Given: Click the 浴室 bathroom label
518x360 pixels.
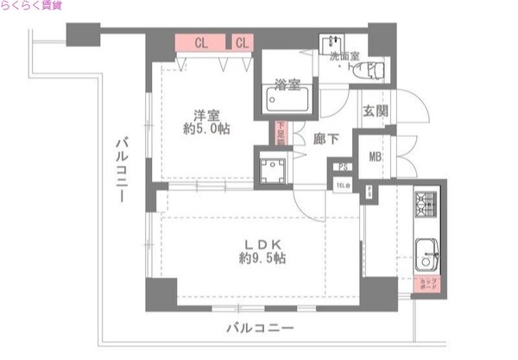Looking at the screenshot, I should click(287, 85).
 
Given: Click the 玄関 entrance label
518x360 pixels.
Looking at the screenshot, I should click(376, 111).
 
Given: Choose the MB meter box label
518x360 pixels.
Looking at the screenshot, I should click(376, 156).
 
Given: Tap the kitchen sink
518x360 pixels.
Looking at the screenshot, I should click(427, 253).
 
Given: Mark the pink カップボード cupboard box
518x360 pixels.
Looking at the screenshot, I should click(428, 284).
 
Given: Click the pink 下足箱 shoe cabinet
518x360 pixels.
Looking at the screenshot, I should click(280, 135).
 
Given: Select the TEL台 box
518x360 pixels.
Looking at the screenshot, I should click(343, 185).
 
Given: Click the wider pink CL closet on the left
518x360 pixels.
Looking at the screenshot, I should click(200, 41).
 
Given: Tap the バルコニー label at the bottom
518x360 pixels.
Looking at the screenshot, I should click(260, 328).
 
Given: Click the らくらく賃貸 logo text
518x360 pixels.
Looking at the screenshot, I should click(31, 7).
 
